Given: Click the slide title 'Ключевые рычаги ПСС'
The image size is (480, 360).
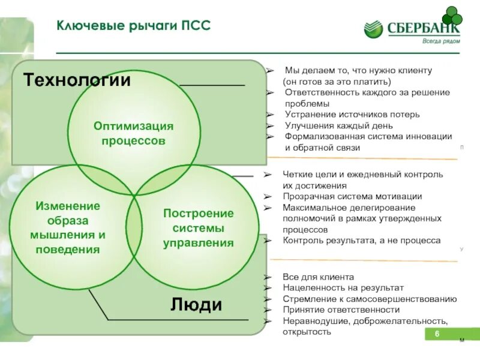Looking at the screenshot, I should [x=133, y=26].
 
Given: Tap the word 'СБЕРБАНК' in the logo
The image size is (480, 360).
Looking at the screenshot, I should [x=423, y=29].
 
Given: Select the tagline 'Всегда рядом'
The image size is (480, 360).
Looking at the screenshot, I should [x=441, y=41].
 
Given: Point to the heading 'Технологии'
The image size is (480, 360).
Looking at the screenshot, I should [x=77, y=80].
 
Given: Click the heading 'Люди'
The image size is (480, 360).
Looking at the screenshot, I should [x=196, y=304].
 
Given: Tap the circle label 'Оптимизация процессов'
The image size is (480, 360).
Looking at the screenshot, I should [x=133, y=134].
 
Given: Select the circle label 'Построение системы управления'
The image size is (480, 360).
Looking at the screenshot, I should [x=199, y=228].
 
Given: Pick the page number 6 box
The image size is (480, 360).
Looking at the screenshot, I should [x=437, y=334].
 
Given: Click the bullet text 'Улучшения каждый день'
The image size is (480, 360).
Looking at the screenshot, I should [x=339, y=125].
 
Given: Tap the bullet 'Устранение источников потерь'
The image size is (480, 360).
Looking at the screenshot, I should [x=352, y=114].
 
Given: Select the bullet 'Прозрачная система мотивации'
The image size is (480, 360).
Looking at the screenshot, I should [x=352, y=196].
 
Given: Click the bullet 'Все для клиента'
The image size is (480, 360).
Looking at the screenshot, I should [x=318, y=277].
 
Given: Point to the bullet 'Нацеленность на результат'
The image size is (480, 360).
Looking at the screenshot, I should [x=343, y=288].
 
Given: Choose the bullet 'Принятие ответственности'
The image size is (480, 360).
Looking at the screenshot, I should [x=341, y=310].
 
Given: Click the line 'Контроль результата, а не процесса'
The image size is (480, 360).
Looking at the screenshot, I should [x=361, y=240].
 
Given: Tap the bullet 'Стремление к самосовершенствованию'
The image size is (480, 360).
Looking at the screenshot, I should [x=370, y=299].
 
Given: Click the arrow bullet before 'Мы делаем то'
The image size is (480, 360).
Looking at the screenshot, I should [x=270, y=71].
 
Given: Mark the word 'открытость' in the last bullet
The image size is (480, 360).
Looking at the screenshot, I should [x=307, y=331].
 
